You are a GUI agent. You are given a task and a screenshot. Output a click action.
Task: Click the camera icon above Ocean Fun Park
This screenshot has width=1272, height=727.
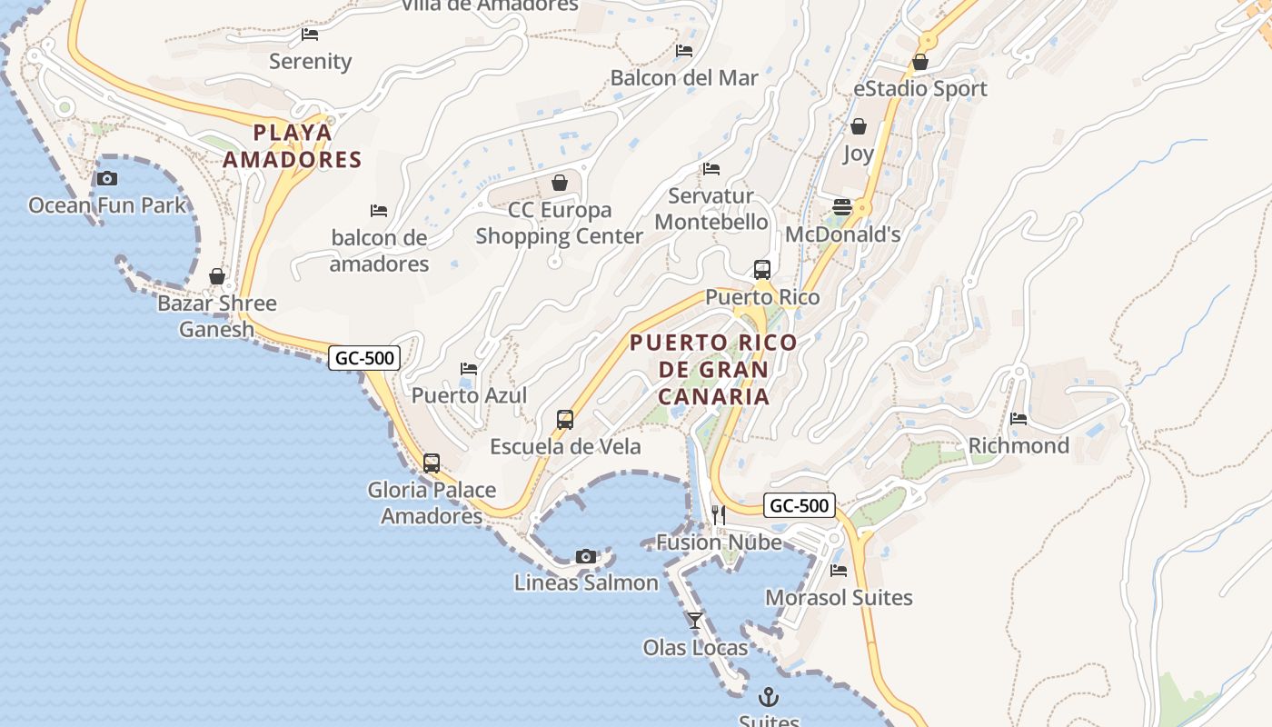(x=107, y=178)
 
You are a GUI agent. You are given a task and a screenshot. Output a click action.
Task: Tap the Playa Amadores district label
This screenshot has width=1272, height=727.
(x=293, y=146)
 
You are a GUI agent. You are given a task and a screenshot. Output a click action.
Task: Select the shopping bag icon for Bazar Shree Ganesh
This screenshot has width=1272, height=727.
(x=217, y=276)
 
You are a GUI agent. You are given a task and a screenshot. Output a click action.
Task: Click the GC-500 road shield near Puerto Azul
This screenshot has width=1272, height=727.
(x=364, y=358)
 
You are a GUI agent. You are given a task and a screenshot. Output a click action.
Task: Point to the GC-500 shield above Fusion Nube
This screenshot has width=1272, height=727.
(x=799, y=505)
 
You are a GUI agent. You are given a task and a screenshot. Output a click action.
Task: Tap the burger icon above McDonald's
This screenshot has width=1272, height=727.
(x=842, y=207)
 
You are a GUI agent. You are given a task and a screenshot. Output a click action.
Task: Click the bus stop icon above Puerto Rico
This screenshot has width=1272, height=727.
(x=762, y=270)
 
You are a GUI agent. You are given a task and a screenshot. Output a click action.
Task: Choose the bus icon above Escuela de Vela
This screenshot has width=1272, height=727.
(x=565, y=420)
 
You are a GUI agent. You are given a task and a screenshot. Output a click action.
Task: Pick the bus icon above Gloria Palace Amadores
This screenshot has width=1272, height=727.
(x=432, y=463)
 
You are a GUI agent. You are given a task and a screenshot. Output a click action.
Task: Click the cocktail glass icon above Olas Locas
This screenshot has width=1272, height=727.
(x=695, y=621)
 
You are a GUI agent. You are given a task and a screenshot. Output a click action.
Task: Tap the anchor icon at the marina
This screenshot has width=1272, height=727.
(x=769, y=697)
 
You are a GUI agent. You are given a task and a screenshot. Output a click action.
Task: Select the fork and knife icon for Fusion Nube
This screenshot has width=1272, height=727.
(x=719, y=515)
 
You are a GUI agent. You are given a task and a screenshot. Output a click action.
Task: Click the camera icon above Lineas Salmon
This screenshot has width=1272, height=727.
(x=586, y=556)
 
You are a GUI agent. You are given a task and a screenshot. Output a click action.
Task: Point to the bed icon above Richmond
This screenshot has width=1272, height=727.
(x=1019, y=419)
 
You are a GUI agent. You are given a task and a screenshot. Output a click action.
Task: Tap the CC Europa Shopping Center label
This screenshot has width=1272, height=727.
(x=560, y=223)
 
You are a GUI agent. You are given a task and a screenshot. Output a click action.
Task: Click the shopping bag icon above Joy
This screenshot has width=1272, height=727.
(x=858, y=126)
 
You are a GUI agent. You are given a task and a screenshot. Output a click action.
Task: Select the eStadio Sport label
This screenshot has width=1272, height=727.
(x=920, y=89)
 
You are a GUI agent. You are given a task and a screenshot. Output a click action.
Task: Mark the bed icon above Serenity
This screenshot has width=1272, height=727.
(x=310, y=35)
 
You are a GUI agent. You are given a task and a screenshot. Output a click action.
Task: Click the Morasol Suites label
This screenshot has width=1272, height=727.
(x=839, y=598)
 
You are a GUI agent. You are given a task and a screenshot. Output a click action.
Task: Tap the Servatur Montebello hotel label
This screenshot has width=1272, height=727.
(x=711, y=209)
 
